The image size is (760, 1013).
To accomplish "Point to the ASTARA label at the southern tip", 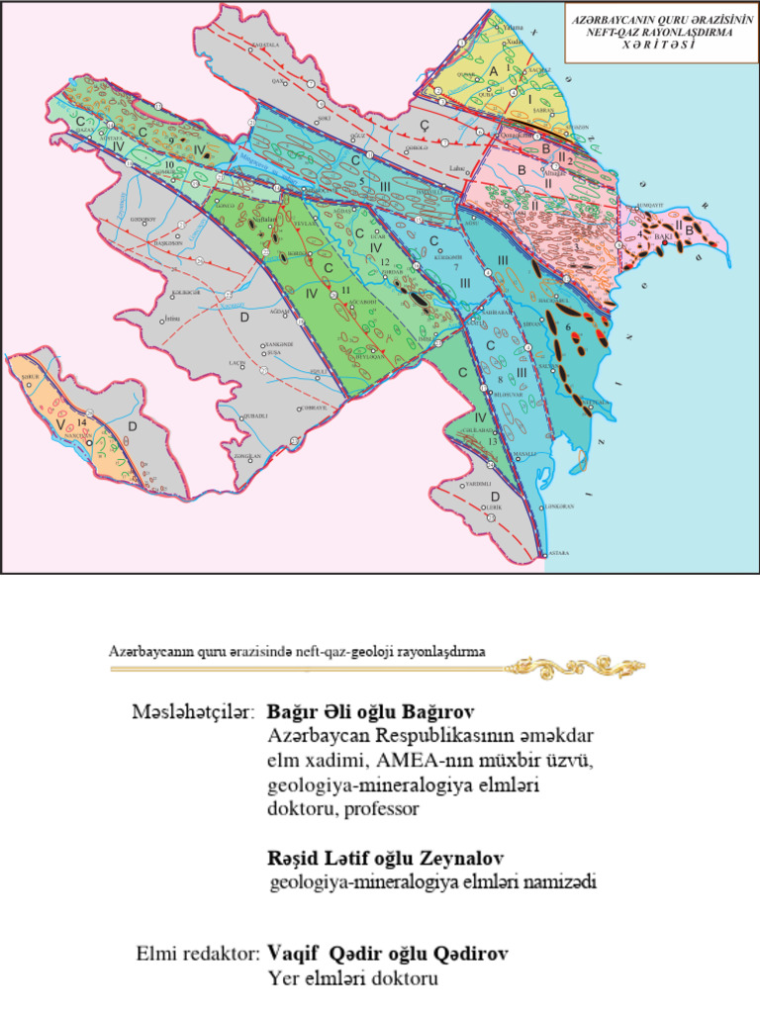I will coord(558,555).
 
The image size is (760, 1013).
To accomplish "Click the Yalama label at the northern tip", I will coord(513,27).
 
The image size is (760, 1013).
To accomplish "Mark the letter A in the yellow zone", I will coord(492,71).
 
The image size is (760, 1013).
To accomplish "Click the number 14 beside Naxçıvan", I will coord(82,422).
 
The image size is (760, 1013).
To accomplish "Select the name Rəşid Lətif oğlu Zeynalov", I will coord(383,857).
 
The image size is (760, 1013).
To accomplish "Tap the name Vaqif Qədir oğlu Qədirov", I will coord(388,955).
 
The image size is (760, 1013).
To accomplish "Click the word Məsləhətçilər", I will coord(194,712).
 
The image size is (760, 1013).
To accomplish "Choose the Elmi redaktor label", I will coord(198,955).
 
